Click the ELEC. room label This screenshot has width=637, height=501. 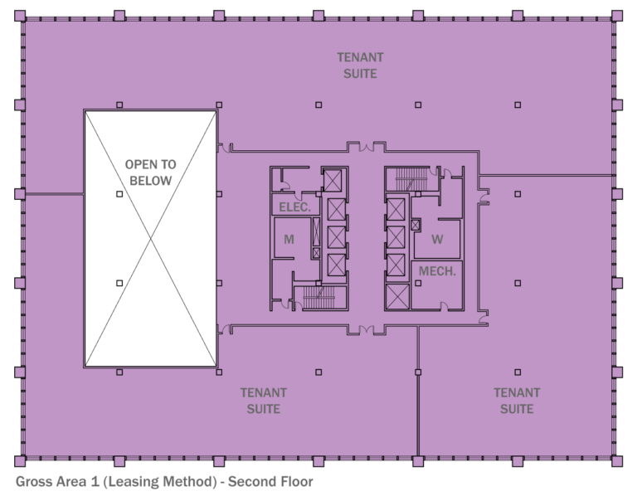295,207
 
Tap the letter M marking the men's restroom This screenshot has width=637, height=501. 289,240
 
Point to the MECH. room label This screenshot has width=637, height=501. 437,271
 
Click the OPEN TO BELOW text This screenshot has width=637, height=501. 150,173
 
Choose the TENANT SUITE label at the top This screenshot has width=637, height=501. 360,65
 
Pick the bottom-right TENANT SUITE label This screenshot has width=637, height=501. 517,401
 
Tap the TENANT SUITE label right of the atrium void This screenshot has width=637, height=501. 264,401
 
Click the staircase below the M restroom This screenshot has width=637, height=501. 322,297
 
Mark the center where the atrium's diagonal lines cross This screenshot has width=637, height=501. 150,239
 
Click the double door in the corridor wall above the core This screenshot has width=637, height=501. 366,148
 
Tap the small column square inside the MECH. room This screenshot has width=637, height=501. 418,284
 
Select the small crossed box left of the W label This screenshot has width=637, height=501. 416,225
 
